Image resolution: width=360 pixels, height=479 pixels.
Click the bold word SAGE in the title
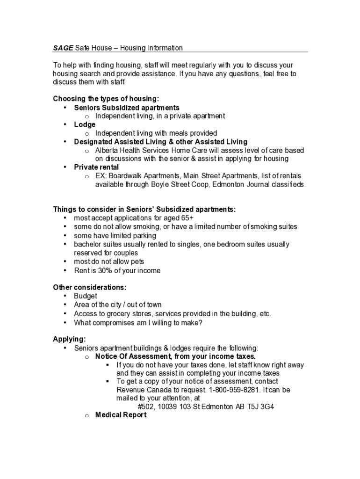click(63, 48)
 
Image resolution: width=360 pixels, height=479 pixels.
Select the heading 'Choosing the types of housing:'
click(106, 99)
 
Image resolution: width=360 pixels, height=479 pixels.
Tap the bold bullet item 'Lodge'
click(85, 124)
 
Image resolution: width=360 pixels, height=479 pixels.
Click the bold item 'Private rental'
click(96, 167)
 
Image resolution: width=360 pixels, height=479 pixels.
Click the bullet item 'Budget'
click(86, 296)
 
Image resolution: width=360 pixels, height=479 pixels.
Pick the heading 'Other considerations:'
click(89, 287)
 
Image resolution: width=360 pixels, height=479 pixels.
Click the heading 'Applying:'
click(69, 339)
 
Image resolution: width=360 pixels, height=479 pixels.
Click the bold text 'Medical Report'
click(121, 415)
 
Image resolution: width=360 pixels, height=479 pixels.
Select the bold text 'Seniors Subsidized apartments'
click(126, 108)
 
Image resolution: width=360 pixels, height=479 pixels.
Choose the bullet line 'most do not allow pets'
click(109, 261)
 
